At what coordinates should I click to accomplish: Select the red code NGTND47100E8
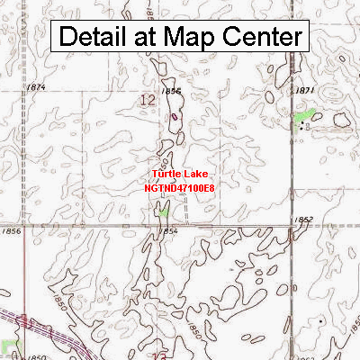pyautogui.click(x=179, y=188)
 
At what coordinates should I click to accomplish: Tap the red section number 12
pyautogui.click(x=147, y=103)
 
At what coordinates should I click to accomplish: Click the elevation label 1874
pyautogui.click(x=36, y=87)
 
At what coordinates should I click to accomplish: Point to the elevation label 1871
pyautogui.click(x=304, y=91)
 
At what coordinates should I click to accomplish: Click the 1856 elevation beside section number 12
pyautogui.click(x=171, y=92)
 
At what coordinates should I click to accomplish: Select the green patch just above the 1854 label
pyautogui.click(x=163, y=211)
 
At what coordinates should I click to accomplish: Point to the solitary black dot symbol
pyautogui.click(x=320, y=320)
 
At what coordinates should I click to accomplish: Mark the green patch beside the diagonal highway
pyautogui.click(x=9, y=347)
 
